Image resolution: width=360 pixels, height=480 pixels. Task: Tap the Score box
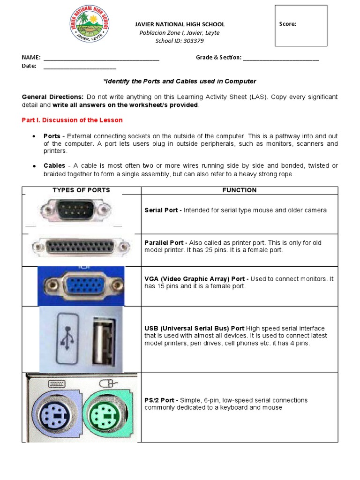click(x=300, y=26)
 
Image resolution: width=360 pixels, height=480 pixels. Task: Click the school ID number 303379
click(x=194, y=41)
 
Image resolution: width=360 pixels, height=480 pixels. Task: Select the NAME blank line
click(x=101, y=59)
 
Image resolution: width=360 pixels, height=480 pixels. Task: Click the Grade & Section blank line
click(x=281, y=59)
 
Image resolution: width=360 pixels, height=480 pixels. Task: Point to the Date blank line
click(x=80, y=67)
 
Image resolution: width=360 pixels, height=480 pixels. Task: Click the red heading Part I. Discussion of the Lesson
click(x=72, y=120)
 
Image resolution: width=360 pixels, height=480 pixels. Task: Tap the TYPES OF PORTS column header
click(x=81, y=190)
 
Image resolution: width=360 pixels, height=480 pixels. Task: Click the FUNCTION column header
click(x=239, y=190)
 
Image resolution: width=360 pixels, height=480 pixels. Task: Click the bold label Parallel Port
click(x=164, y=243)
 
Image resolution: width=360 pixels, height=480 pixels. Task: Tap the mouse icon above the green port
click(x=106, y=383)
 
